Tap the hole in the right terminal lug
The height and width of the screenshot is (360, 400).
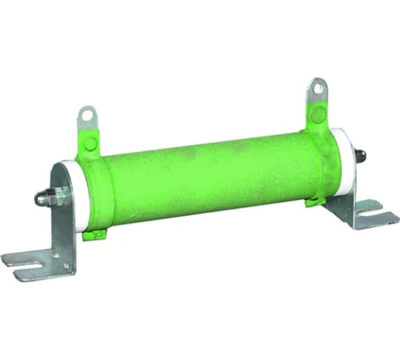click(x=317, y=87)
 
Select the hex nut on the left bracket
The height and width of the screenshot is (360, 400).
click(x=59, y=194)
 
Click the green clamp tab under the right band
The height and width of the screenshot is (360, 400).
click(x=314, y=202)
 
